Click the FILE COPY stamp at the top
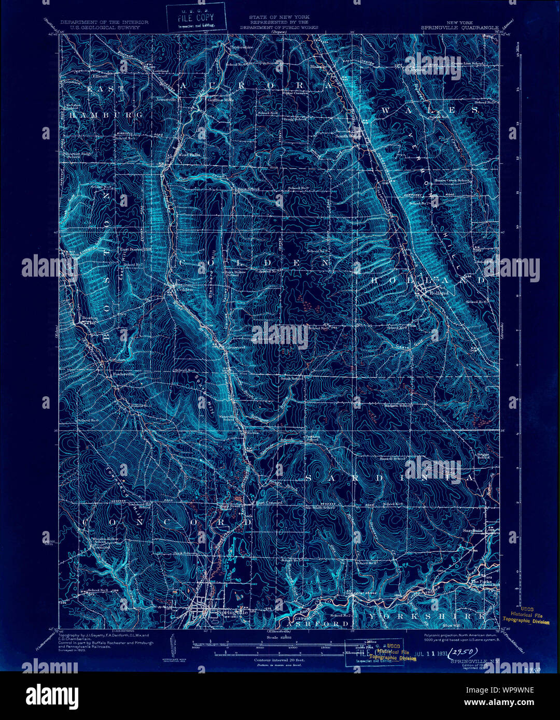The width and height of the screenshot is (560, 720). (196, 17)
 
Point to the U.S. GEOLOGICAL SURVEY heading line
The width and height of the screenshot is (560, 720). (104, 27)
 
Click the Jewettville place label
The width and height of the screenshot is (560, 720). (167, 97)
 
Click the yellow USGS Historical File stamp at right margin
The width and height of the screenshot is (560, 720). (526, 617)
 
